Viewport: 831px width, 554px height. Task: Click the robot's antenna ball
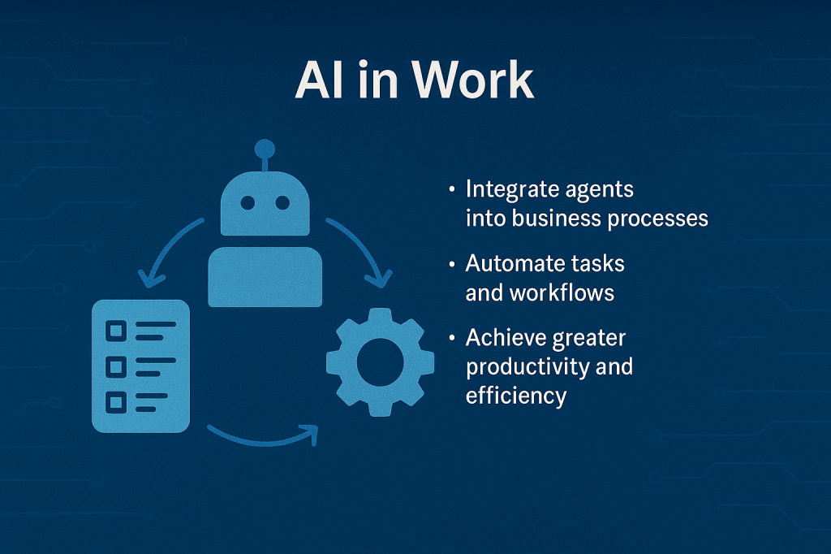coord(265,149)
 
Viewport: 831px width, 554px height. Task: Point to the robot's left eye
coord(248,202)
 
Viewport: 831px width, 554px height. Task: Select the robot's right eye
coord(282,202)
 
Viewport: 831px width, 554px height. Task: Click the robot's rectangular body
coord(265,276)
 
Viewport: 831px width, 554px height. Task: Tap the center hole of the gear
coord(380,362)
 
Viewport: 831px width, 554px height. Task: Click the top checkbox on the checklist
coord(116,331)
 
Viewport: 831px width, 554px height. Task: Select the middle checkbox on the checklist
coord(116,366)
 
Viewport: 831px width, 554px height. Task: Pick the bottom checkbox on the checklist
coord(116,403)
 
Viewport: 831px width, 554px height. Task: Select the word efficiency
coord(516,396)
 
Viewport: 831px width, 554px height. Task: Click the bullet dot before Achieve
coord(451,337)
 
